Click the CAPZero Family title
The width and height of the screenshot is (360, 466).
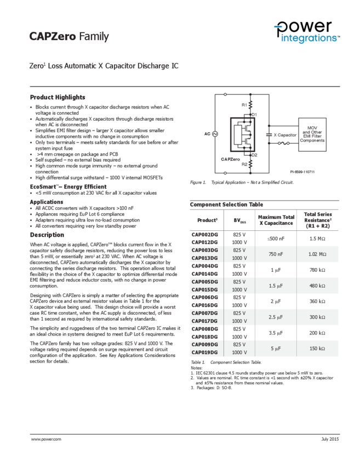69,37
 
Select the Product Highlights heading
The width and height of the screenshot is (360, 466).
57,96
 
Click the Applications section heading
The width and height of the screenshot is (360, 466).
46,201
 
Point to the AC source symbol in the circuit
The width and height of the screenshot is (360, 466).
215,133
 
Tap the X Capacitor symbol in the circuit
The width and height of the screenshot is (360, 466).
268,134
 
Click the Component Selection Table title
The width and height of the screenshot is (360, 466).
222,204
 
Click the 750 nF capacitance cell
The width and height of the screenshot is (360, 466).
276,254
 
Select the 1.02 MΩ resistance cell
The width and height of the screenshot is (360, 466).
317,254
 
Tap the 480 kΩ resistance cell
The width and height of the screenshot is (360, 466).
317,285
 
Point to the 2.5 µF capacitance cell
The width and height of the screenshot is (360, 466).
276,316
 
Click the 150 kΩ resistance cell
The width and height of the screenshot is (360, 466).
317,348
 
